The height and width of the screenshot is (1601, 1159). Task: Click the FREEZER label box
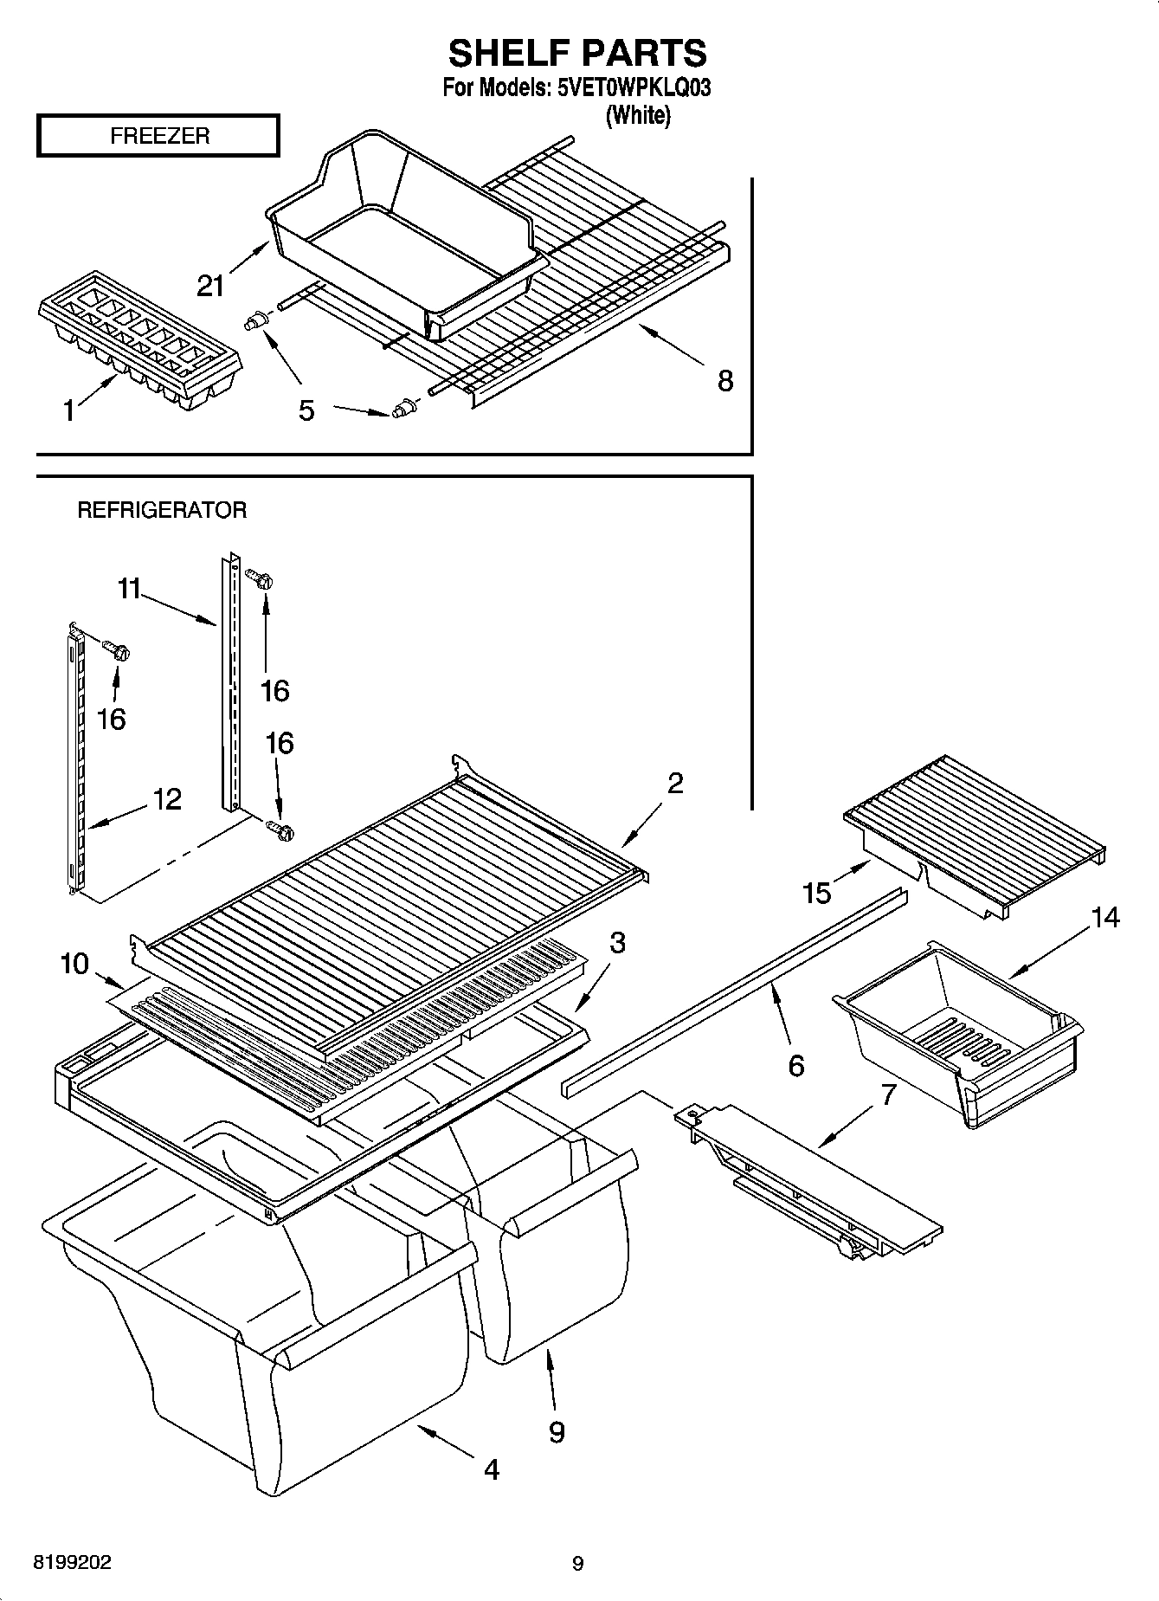coord(158,136)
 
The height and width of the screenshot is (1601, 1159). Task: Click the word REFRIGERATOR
coord(162,510)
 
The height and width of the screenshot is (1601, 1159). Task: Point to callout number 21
coord(211,285)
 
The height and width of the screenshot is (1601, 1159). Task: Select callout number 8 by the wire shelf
coord(724,380)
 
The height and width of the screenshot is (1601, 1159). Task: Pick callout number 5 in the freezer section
coord(306,410)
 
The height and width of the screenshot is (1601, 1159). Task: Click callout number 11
coord(128,589)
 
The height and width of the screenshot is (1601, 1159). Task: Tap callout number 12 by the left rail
coord(167,798)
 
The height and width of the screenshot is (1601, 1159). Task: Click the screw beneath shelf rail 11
coord(281,830)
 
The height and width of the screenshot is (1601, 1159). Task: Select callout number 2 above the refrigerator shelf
coord(674,783)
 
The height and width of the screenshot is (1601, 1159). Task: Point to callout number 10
coord(75,963)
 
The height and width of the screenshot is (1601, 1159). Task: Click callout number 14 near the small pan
coord(1104,917)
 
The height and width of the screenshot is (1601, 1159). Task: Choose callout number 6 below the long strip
coord(795,1065)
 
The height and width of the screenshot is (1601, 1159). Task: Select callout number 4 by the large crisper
coord(491,1469)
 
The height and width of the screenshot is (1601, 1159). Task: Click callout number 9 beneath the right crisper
coord(557,1431)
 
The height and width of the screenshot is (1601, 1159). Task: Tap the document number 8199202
coord(72,1563)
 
